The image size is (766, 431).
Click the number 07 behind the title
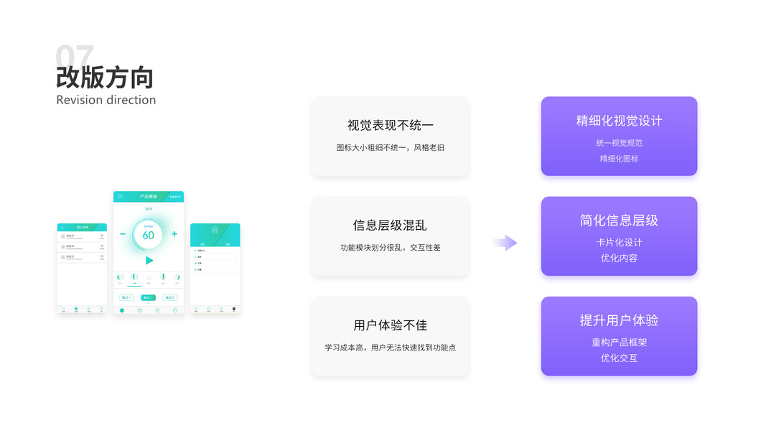75,55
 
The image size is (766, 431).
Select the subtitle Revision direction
106,100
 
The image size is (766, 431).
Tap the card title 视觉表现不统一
390,125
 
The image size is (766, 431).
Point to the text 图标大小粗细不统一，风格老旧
390,148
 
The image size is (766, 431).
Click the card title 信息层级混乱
390,225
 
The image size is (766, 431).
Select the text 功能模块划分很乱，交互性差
390,248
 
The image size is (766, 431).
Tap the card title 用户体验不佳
390,325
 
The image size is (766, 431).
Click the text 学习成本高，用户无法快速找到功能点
390,348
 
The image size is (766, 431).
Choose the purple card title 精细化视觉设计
619,121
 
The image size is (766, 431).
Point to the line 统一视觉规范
619,143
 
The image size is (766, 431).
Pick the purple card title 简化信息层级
619,221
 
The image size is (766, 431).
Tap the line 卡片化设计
619,243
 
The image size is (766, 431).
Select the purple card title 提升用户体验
619,320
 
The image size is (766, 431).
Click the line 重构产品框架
619,343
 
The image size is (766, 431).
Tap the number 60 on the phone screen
148,235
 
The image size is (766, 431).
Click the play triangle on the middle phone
149,260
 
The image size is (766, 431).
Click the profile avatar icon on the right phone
215,231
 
